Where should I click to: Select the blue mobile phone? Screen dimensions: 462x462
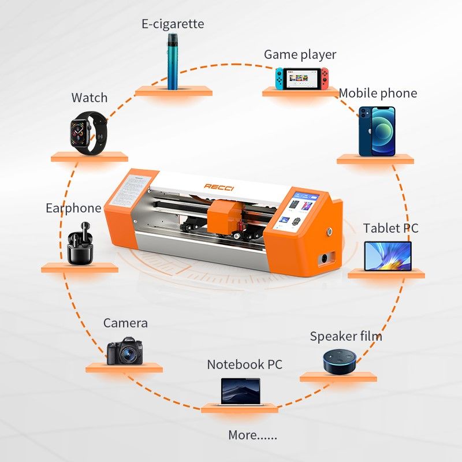(377, 131)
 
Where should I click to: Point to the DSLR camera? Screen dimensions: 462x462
(124, 350)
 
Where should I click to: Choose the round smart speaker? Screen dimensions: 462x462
(338, 360)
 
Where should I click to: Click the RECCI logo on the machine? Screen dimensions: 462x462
(221, 187)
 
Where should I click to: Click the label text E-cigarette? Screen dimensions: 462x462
(173, 24)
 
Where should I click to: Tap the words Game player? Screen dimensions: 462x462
(300, 55)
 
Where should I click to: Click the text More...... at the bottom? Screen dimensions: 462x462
(252, 435)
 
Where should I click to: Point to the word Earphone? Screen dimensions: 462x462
(73, 208)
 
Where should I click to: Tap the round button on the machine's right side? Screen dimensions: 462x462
(330, 232)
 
